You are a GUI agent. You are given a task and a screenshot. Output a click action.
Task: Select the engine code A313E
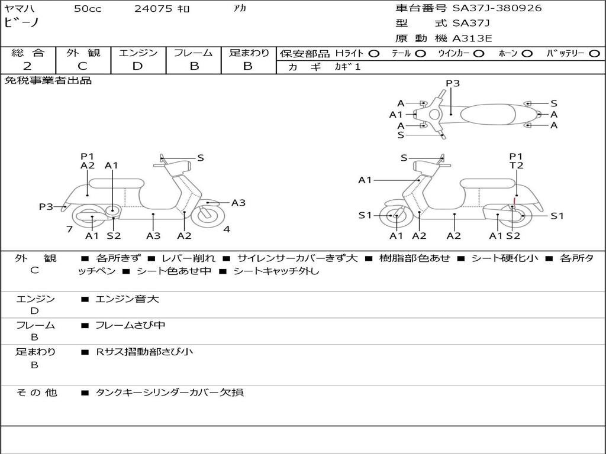pyautogui.click(x=472, y=39)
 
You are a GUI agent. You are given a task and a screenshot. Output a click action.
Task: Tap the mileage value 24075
pyautogui.click(x=153, y=9)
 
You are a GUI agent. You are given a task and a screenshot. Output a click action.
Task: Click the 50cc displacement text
pyautogui.click(x=88, y=9)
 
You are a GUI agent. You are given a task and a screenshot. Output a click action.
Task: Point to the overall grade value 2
pyautogui.click(x=27, y=66)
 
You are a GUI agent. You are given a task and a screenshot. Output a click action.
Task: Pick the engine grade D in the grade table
pyautogui.click(x=137, y=66)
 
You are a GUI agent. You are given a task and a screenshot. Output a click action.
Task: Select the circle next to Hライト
pyautogui.click(x=374, y=53)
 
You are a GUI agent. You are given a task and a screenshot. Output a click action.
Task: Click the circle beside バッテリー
pyautogui.click(x=594, y=53)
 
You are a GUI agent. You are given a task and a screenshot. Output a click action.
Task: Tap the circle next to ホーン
pyautogui.click(x=527, y=53)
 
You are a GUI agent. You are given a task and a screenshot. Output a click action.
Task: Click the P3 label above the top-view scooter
pyautogui.click(x=453, y=83)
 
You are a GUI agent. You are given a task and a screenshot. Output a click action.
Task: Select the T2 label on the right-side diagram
pyautogui.click(x=517, y=166)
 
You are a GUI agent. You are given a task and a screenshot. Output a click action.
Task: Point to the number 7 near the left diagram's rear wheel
pyautogui.click(x=69, y=229)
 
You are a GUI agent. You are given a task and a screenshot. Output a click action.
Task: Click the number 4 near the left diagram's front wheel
pyautogui.click(x=227, y=229)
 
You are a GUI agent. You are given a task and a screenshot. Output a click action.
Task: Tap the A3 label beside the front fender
pyautogui.click(x=238, y=203)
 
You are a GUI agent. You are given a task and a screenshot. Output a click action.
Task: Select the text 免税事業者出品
pyautogui.click(x=49, y=81)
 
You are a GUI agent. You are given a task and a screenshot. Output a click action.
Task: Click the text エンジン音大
pyautogui.click(x=127, y=299)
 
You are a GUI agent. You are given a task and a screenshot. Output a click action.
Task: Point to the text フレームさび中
pyautogui.click(x=130, y=325)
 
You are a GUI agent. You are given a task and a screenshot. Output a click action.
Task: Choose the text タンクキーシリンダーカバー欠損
pyautogui.click(x=169, y=393)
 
